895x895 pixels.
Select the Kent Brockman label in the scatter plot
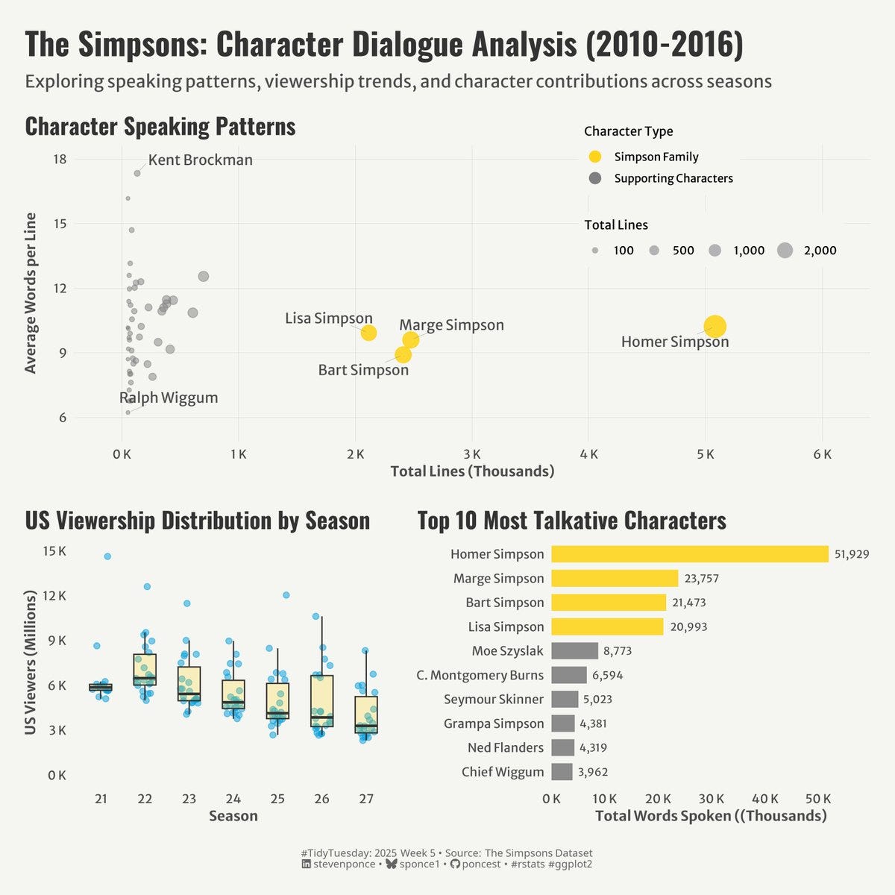(200, 160)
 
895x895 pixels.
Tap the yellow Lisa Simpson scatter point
(368, 333)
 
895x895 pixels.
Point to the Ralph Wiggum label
(169, 398)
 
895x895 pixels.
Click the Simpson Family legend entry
(656, 157)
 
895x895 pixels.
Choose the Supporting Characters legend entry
(673, 178)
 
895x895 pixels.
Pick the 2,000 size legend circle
(785, 251)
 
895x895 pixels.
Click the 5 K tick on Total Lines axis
(706, 454)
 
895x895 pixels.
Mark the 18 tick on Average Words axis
(60, 159)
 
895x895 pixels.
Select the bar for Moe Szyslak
(574, 651)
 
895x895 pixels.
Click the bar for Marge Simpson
(615, 578)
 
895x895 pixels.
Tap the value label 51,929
(851, 554)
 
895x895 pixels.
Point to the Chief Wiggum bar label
(503, 772)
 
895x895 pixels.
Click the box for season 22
(145, 669)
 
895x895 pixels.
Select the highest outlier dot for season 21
(107, 556)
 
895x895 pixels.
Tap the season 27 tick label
(366, 799)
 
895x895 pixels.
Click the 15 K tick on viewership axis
(54, 551)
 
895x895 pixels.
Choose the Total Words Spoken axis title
(710, 816)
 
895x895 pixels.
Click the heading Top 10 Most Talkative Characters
(571, 521)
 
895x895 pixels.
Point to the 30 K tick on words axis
(712, 799)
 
